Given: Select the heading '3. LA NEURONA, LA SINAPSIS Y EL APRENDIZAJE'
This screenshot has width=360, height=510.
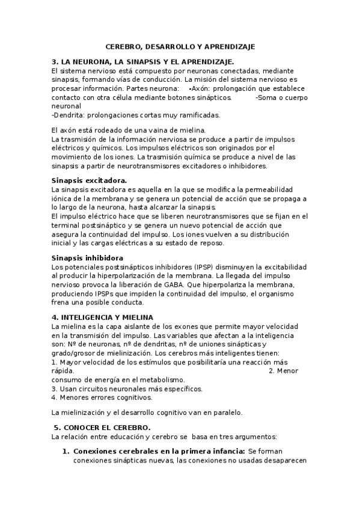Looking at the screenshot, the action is click(x=142, y=61).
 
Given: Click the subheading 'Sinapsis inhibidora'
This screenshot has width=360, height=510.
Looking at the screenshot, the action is click(x=88, y=257).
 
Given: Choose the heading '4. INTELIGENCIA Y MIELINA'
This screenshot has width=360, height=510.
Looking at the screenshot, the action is click(x=102, y=317).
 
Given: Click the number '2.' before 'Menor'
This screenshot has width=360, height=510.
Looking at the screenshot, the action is click(x=272, y=371).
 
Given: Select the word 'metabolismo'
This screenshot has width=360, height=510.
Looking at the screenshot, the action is click(x=161, y=380).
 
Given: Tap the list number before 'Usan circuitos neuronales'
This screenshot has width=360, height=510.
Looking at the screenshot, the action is click(x=54, y=389).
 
